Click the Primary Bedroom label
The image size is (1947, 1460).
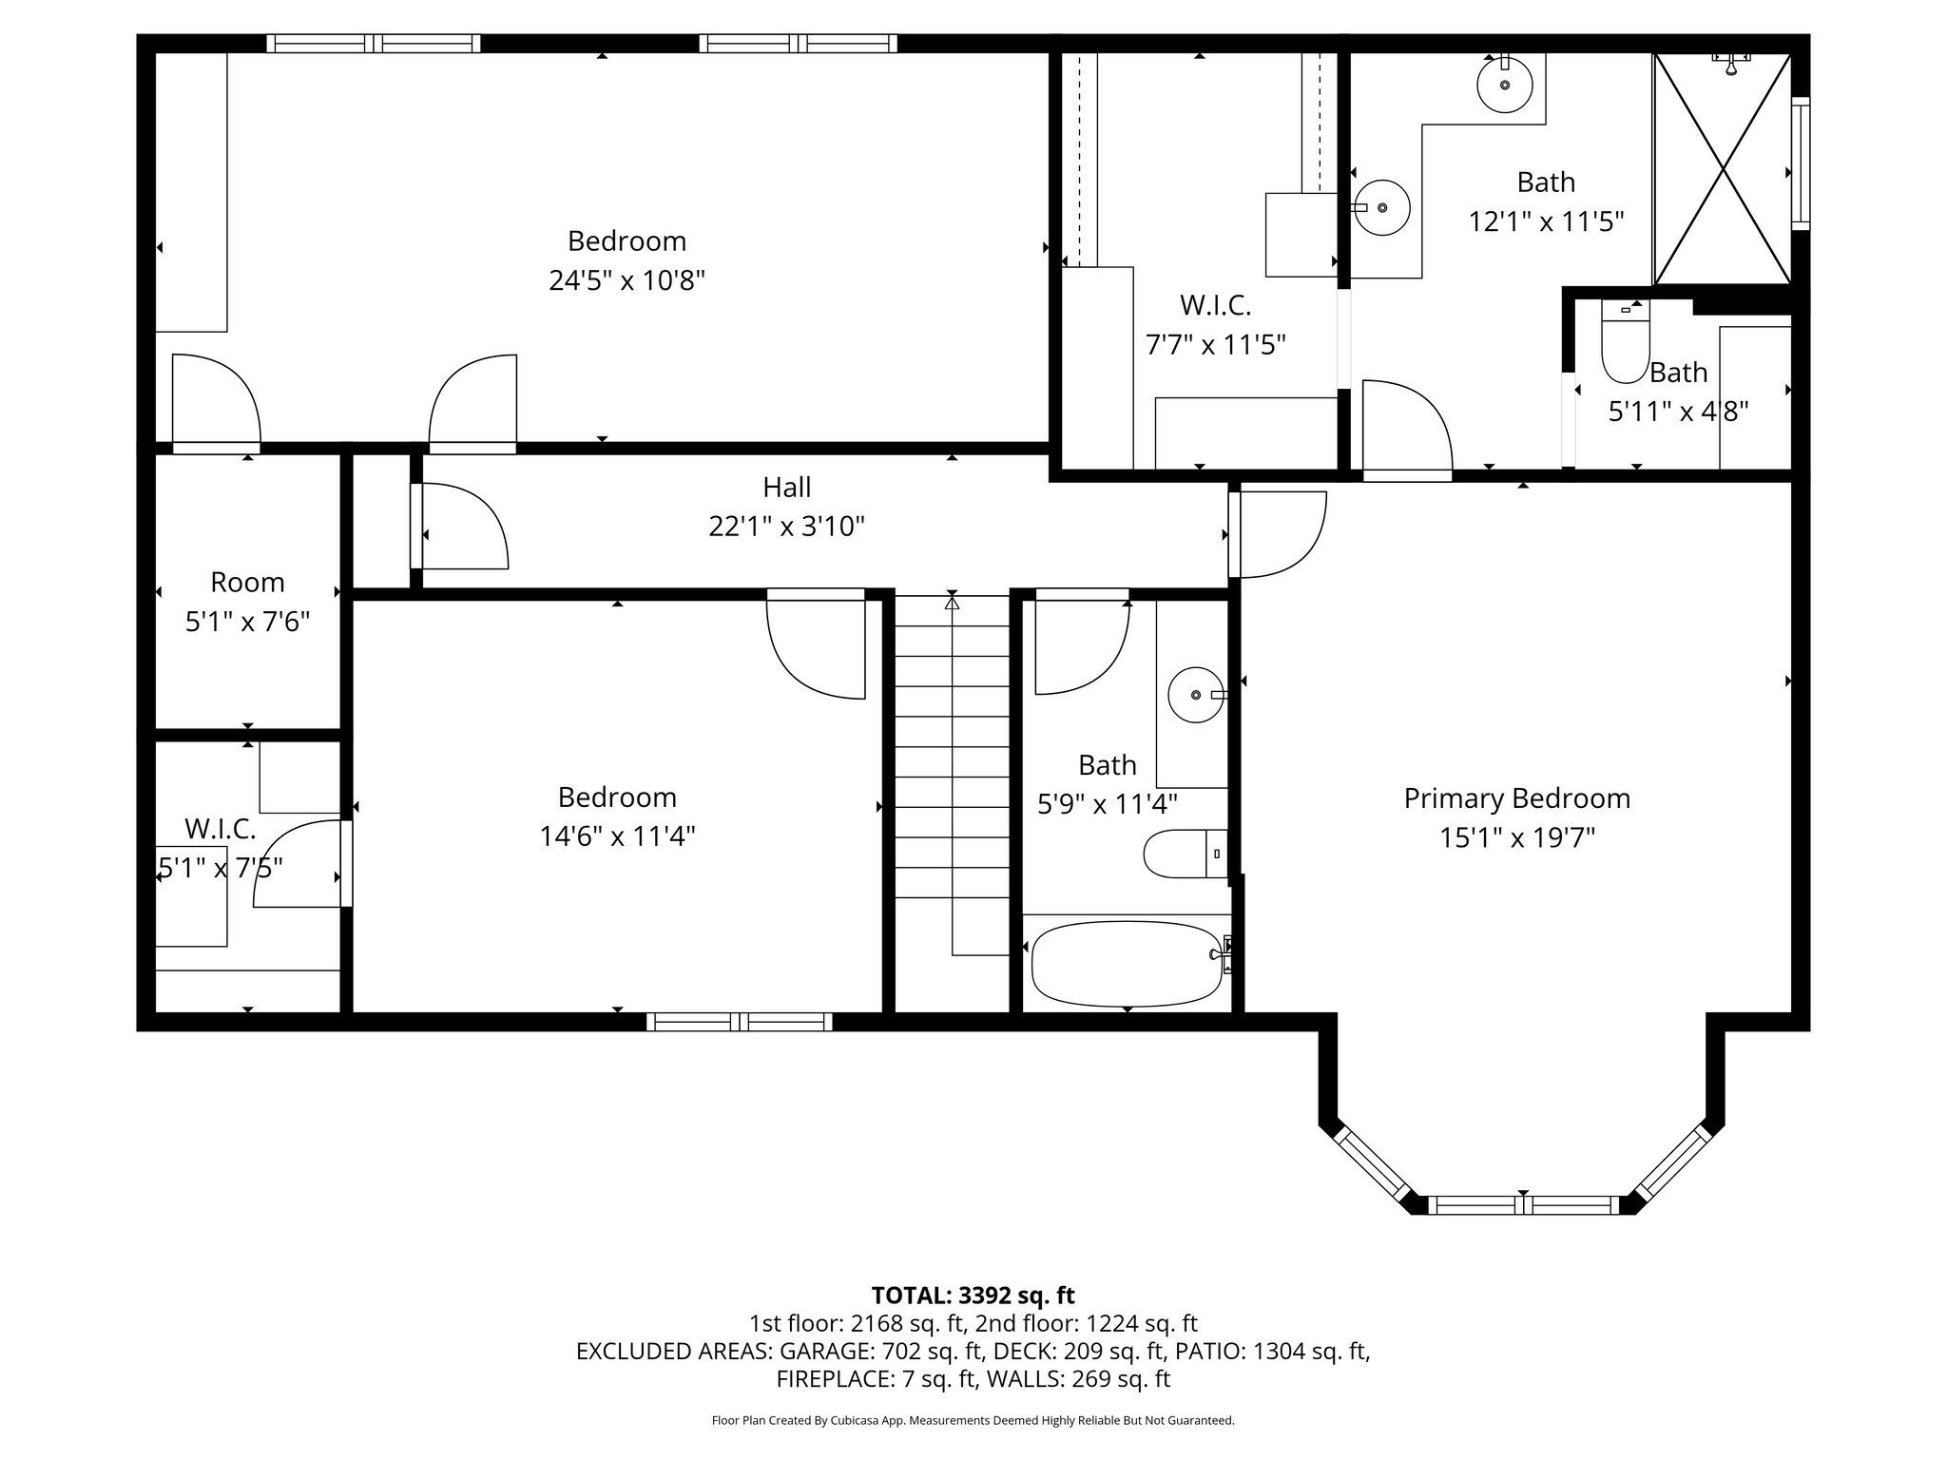(1516, 798)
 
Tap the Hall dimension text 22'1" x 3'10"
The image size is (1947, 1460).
(786, 527)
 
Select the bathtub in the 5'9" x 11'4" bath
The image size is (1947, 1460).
(1127, 964)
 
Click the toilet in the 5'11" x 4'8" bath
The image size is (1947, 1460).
(1625, 343)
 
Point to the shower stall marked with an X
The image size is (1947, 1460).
(1723, 169)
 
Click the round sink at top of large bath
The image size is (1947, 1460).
(1505, 84)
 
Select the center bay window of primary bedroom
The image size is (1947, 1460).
(1523, 1205)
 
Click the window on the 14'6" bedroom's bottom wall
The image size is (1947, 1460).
(739, 1022)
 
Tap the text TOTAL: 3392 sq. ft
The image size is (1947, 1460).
(973, 1296)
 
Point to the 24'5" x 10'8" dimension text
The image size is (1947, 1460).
(627, 281)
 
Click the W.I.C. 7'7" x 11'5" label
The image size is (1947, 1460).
(1215, 325)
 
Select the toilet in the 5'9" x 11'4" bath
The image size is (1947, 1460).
(1185, 855)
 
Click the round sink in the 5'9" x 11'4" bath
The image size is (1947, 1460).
(1195, 696)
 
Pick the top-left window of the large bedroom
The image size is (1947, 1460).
(373, 43)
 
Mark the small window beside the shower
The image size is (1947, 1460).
(1801, 163)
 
